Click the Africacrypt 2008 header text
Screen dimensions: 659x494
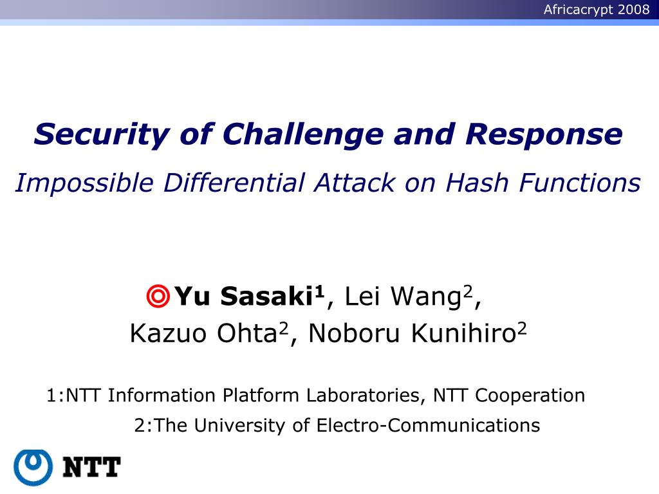click(597, 9)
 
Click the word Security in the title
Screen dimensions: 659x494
click(101, 134)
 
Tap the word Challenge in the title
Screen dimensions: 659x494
click(303, 134)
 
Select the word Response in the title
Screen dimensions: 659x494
click(544, 134)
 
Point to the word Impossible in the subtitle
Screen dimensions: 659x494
click(84, 183)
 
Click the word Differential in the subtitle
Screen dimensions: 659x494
click(234, 183)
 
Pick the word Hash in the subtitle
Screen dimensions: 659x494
click(477, 183)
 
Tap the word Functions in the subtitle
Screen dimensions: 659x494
click(580, 183)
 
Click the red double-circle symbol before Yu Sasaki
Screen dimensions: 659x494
click(158, 296)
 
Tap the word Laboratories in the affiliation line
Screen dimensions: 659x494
click(363, 396)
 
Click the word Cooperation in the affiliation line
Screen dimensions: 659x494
click(530, 396)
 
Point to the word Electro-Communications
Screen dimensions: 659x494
click(428, 425)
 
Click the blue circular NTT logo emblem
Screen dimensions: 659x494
click(33, 468)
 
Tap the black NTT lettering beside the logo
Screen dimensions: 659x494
click(91, 467)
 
